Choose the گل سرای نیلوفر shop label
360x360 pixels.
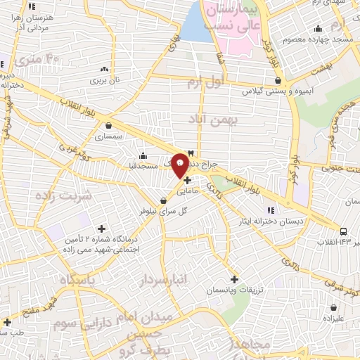click(x=155, y=210)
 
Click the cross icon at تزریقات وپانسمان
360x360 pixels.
click(x=234, y=279)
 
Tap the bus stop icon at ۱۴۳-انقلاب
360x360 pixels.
click(x=343, y=231)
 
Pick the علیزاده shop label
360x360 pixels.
click(x=335, y=318)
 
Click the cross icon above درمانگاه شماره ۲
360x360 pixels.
click(x=102, y=229)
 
